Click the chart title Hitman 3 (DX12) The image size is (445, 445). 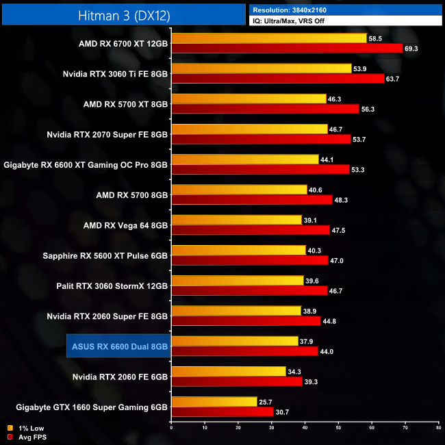click(123, 14)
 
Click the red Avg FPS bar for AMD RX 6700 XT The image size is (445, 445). click(287, 49)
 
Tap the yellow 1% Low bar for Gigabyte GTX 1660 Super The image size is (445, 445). click(214, 401)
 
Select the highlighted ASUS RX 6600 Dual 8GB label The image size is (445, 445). click(118, 346)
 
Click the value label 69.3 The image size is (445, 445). click(411, 49)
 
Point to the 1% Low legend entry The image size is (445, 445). click(24, 427)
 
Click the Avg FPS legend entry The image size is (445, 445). click(25, 436)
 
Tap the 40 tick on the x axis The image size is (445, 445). click(305, 427)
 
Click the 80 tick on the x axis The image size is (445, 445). click(437, 427)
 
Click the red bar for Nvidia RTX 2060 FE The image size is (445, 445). click(237, 381)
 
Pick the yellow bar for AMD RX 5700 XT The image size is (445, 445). click(249, 99)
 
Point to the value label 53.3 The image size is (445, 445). click(358, 170)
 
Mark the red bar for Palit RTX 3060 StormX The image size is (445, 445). click(249, 290)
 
